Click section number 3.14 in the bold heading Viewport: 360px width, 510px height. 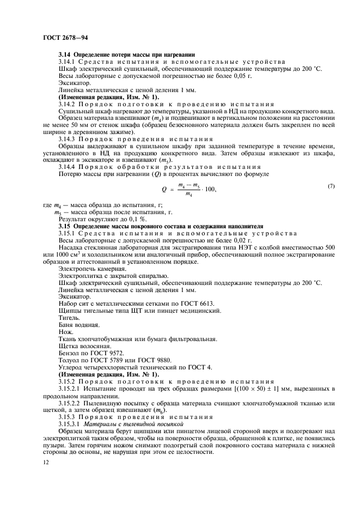pyautogui.click(x=65, y=54)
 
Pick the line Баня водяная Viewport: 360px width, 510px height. pyautogui.click(x=78, y=324)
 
